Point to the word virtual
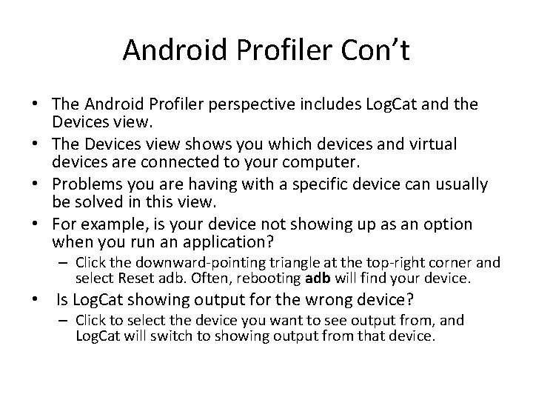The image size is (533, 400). [x=434, y=144]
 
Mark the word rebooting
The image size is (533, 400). [x=269, y=278]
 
